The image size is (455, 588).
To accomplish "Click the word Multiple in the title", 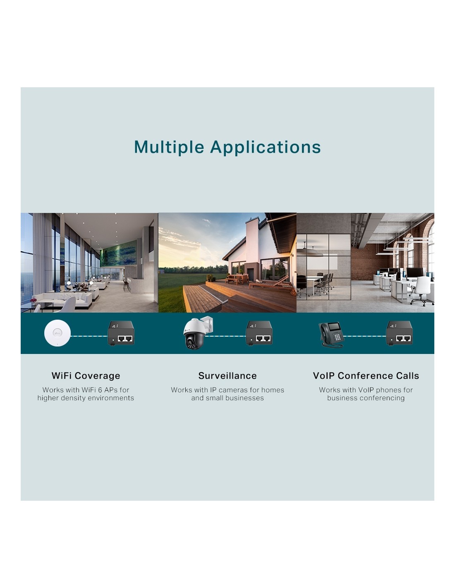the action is tap(169, 147).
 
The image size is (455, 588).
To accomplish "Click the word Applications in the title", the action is tap(265, 148).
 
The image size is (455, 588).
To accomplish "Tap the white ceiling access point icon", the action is tap(57, 333).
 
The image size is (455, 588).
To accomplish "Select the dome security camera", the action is tap(197, 332).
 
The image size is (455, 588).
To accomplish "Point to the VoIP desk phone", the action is tap(331, 335).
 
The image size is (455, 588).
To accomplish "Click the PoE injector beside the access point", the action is tap(121, 333).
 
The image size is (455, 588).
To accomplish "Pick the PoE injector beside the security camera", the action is tap(259, 333).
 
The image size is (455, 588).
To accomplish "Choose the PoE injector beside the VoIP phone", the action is tap(399, 333).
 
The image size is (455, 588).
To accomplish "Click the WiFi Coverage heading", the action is tap(86, 375).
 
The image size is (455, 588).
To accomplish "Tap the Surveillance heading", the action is tap(227, 375).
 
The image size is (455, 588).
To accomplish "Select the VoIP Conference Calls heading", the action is tap(366, 375).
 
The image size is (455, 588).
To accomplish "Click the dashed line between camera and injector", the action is tap(227, 336).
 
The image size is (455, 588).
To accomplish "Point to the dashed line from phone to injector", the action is tap(365, 336).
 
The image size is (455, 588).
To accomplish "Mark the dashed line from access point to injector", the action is tap(89, 336).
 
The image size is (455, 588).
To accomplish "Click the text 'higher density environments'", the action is tap(86, 398).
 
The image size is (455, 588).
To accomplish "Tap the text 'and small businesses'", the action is tap(227, 398).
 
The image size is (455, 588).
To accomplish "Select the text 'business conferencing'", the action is tap(366, 398).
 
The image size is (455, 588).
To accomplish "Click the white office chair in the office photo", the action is tap(423, 290).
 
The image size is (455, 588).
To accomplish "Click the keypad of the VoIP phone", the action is tap(337, 337).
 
